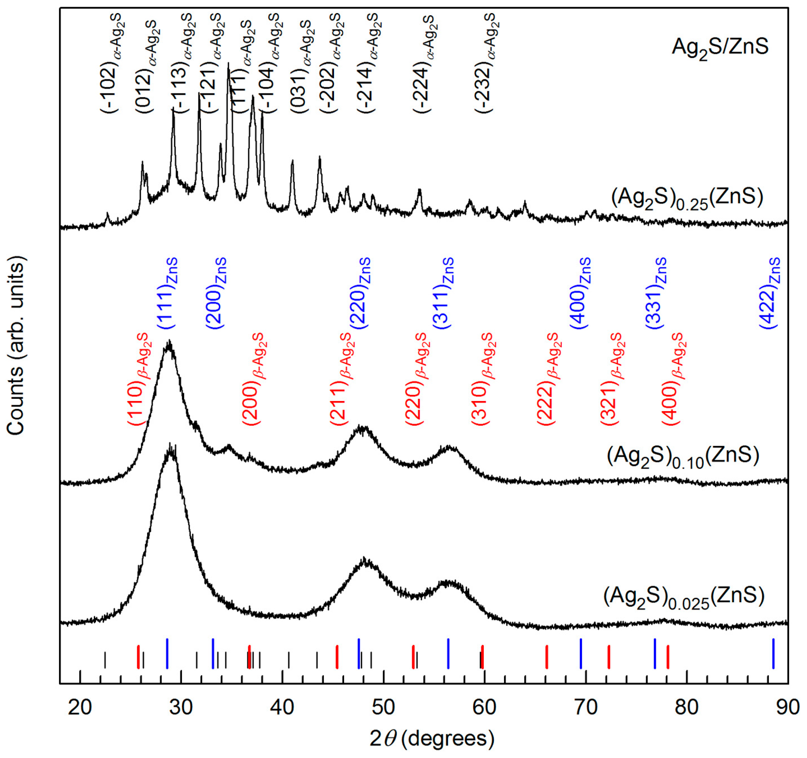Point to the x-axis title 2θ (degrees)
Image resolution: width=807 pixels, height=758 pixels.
[432, 739]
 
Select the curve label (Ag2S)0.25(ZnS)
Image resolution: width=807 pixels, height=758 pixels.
[687, 198]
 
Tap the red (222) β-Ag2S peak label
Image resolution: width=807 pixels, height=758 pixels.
[549, 379]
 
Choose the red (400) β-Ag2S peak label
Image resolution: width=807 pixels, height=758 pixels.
[674, 379]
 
